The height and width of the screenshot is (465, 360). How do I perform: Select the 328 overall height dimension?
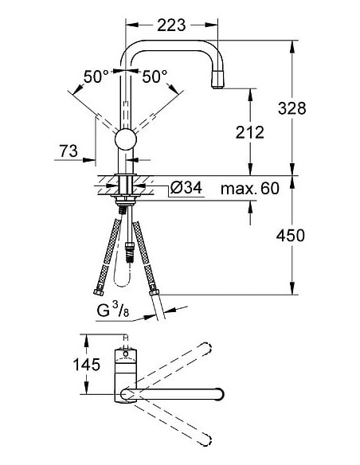coord(293,109)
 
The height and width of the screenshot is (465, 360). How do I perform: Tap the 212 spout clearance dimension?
coord(249,132)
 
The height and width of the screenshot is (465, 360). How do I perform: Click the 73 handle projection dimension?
coord(68,149)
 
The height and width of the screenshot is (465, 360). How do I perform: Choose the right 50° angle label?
coord(155,76)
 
